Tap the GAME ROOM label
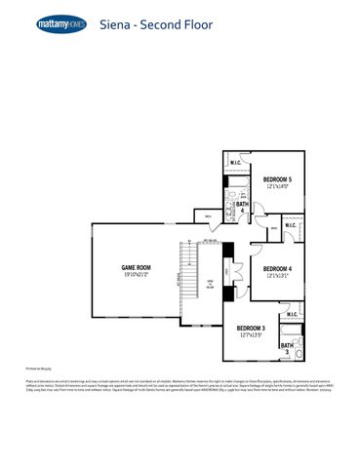pyautogui.click(x=136, y=266)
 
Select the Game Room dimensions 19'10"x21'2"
pyautogui.click(x=136, y=275)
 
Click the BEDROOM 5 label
pyautogui.click(x=277, y=178)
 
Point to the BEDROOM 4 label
pyautogui.click(x=277, y=268)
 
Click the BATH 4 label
pyautogui.click(x=242, y=206)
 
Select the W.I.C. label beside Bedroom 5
pyautogui.click(x=235, y=163)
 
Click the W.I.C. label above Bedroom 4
pyautogui.click(x=291, y=224)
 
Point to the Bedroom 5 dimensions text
pyautogui.click(x=277, y=186)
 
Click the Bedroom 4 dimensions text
pyautogui.click(x=277, y=276)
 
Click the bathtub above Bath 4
pyautogui.click(x=238, y=181)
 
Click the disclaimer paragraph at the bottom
pyautogui.click(x=180, y=387)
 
